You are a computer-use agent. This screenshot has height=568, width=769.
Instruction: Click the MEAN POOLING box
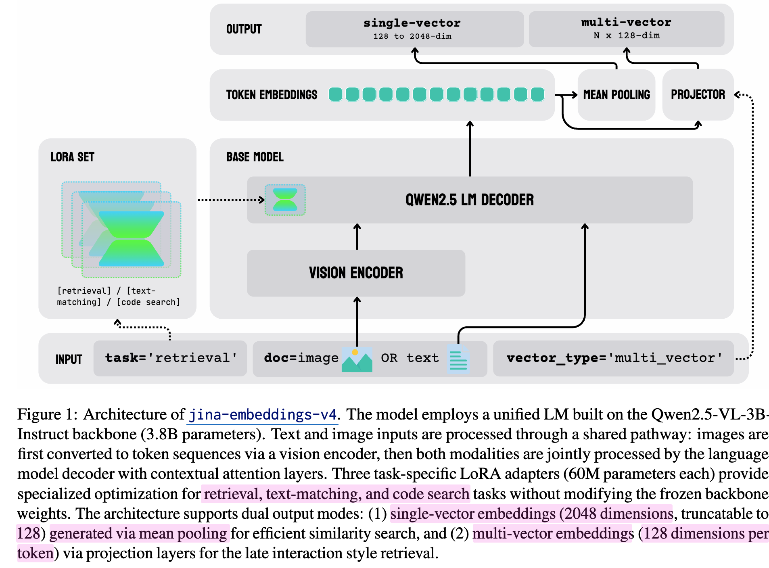coord(616,95)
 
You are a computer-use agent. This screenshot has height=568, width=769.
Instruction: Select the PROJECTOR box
coord(698,94)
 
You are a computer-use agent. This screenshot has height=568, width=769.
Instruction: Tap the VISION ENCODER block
coord(356,273)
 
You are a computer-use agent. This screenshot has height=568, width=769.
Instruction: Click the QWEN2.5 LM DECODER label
coord(470,200)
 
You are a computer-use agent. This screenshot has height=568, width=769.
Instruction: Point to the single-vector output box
coord(414,29)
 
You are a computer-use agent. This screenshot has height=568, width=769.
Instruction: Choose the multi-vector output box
coord(626,29)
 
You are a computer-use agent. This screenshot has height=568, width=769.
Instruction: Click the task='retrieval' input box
coord(170,358)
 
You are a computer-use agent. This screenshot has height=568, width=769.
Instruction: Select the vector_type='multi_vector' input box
coord(613,358)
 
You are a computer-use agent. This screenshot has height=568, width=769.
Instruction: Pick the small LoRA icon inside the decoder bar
coord(285,200)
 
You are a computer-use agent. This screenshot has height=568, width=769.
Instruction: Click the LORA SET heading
coord(72,157)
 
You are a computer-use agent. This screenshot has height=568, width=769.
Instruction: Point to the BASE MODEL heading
coord(255,157)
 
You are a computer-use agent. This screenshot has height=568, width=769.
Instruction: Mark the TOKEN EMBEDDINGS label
coord(272,95)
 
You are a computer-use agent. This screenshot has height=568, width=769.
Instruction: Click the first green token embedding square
coord(335,94)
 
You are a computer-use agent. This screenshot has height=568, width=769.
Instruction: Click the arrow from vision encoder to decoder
coord(357,236)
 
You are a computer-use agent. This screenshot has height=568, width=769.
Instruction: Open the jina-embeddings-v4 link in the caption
coord(263,415)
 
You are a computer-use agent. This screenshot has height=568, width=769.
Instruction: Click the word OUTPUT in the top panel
coord(244,29)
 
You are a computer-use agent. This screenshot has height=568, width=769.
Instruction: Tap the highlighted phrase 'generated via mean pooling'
coord(139,533)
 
